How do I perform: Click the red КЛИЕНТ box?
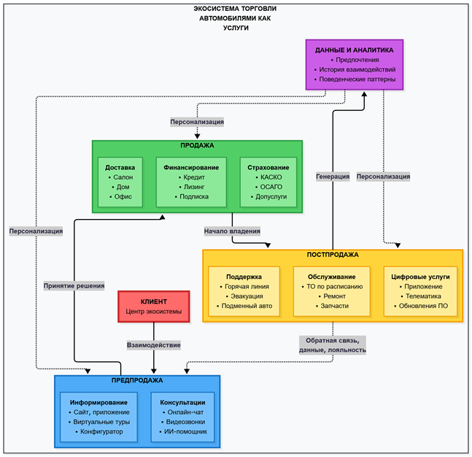[x=153, y=307]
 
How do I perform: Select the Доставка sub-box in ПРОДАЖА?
[x=120, y=182]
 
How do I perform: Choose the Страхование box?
[x=270, y=182]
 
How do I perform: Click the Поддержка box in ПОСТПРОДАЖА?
[x=244, y=291]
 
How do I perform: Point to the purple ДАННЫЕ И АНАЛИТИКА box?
[x=354, y=64]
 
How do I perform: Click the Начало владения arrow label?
[x=232, y=231]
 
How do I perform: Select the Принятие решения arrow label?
[x=74, y=285]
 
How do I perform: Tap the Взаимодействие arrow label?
[x=153, y=345]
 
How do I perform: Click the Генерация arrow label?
[x=333, y=176]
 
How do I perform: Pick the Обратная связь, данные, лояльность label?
[x=333, y=345]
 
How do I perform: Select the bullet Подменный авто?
[x=245, y=306]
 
